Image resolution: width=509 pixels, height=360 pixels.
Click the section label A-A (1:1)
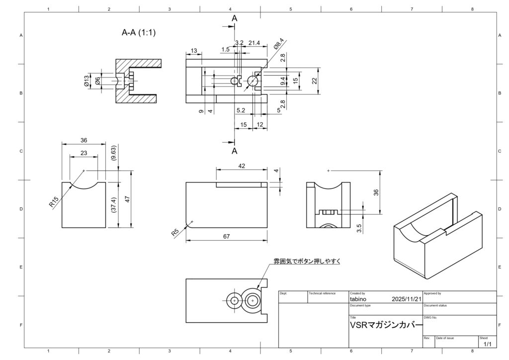[139, 33]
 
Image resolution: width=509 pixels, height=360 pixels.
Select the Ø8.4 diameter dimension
[279, 44]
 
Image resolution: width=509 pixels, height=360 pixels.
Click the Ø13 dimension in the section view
[86, 81]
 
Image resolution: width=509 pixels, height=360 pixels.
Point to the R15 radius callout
[54, 201]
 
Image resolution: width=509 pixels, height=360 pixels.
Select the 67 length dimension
[226, 237]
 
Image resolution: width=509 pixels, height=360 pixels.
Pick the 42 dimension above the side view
[242, 166]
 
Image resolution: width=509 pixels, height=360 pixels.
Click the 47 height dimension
[127, 199]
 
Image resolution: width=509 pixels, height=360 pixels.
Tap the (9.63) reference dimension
[114, 153]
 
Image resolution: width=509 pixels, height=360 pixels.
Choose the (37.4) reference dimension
[114, 205]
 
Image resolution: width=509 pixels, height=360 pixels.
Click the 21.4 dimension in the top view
[254, 43]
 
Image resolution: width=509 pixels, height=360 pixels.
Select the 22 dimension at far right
[314, 80]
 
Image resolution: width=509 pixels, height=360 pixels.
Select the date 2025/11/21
[406, 299]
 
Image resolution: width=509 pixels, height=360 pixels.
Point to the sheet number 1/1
[487, 344]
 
